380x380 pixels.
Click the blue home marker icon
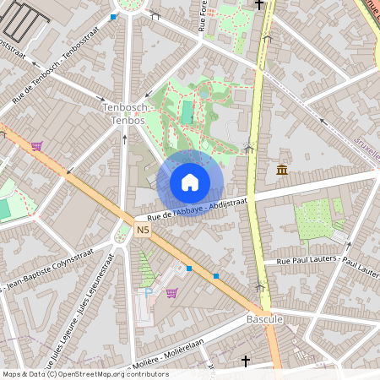tap(190, 182)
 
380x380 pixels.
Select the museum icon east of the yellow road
tap(281, 171)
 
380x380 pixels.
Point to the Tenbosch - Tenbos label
tap(124, 114)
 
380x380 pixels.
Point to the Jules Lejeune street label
tap(84, 291)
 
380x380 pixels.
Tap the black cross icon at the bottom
tap(246, 361)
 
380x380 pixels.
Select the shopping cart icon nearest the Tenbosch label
tap(36, 145)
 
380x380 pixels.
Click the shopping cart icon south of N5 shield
tap(171, 293)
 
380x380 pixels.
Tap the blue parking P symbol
tap(149, 291)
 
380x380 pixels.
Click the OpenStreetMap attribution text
tap(73, 373)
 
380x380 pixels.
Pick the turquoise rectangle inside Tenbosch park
tap(187, 111)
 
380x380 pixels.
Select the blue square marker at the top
tap(114, 16)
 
